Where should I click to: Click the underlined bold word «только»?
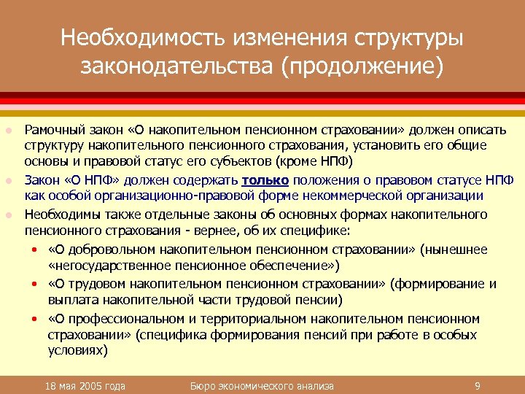pos(266,180)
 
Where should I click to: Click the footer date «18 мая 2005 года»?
pos(84,385)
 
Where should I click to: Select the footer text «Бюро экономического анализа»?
pos(262,385)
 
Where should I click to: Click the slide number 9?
pos(476,385)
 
